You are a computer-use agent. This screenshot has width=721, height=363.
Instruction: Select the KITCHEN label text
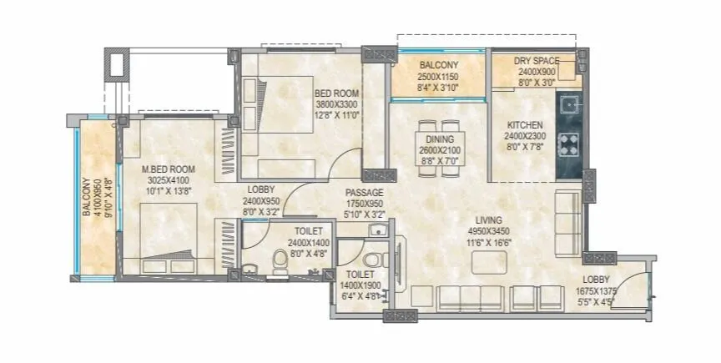(524, 125)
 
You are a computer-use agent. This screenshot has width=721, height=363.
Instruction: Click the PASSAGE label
(364, 193)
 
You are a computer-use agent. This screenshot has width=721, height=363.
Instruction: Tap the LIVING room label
(482, 219)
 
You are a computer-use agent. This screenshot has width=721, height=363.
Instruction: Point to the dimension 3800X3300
(335, 105)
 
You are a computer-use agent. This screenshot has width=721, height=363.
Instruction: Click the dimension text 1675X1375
(596, 291)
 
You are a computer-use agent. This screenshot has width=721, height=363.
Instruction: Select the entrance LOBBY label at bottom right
(596, 280)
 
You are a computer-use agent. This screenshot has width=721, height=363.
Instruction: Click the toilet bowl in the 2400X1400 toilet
(280, 258)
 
